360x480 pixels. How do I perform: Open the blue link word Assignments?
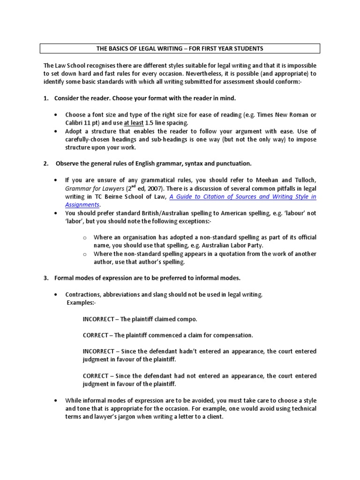coord(82,204)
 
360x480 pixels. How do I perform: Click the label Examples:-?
coord(81,302)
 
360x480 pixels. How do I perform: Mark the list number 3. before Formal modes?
coord(46,278)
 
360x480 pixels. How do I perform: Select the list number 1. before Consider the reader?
coord(46,98)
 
